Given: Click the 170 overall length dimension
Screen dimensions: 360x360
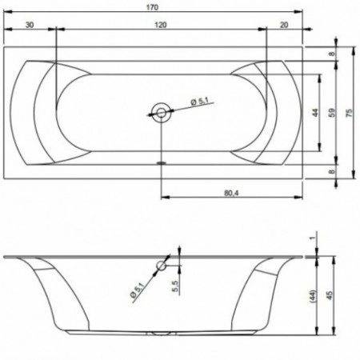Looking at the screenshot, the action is (x=152, y=7).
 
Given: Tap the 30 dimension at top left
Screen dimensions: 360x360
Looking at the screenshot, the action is (x=30, y=25).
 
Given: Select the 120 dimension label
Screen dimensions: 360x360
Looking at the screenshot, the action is (x=161, y=25).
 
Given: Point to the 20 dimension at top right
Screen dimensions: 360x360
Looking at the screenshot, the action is (x=284, y=25).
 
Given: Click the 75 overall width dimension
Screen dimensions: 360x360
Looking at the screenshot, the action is (x=349, y=113).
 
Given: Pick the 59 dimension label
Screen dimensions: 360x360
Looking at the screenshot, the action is (x=331, y=113).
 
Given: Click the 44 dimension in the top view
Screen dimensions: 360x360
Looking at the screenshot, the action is (x=315, y=113).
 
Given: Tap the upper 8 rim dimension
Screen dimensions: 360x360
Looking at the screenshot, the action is (x=331, y=54).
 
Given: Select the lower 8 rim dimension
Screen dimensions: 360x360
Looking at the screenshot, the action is (x=331, y=171).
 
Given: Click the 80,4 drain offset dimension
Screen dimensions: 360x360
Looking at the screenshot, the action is (x=231, y=193).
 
